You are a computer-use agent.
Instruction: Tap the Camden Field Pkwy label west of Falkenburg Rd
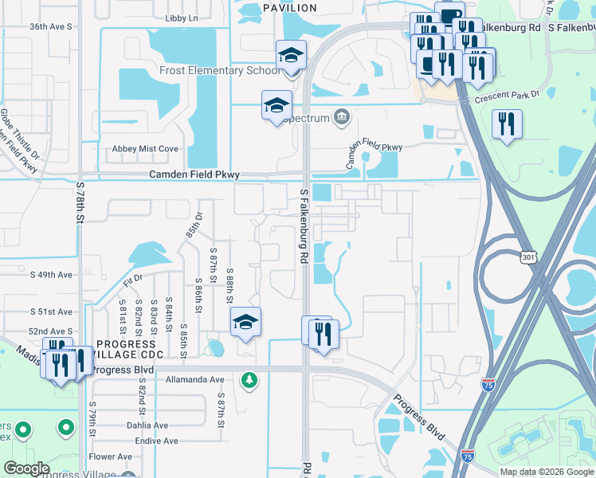[194, 175]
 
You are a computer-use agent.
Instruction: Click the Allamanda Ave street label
[196, 380]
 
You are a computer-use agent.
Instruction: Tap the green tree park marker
[250, 380]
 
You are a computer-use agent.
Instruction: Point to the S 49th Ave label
[51, 275]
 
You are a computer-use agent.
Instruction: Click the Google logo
[26, 468]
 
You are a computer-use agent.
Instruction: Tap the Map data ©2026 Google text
[546, 472]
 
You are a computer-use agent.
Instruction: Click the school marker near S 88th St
[246, 322]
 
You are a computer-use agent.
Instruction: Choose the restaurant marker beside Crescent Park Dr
[507, 124]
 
